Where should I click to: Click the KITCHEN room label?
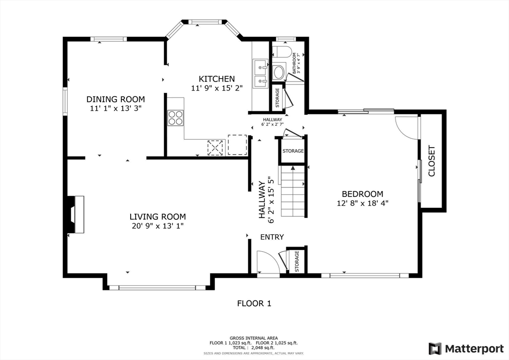click(217, 79)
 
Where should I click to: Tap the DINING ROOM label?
click(116, 99)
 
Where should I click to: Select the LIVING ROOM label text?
click(158, 217)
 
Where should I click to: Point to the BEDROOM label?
click(362, 194)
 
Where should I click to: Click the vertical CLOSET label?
click(431, 161)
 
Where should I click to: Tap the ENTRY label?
click(272, 237)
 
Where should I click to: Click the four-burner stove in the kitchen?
click(175, 118)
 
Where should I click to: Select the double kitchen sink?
click(260, 74)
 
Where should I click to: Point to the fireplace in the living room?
click(76, 214)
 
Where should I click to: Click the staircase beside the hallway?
click(293, 191)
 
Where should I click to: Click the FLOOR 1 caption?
click(254, 303)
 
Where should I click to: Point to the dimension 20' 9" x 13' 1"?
click(158, 226)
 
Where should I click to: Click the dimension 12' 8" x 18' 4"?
click(362, 203)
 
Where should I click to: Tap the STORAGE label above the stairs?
click(293, 151)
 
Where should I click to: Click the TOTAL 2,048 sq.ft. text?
click(254, 347)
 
